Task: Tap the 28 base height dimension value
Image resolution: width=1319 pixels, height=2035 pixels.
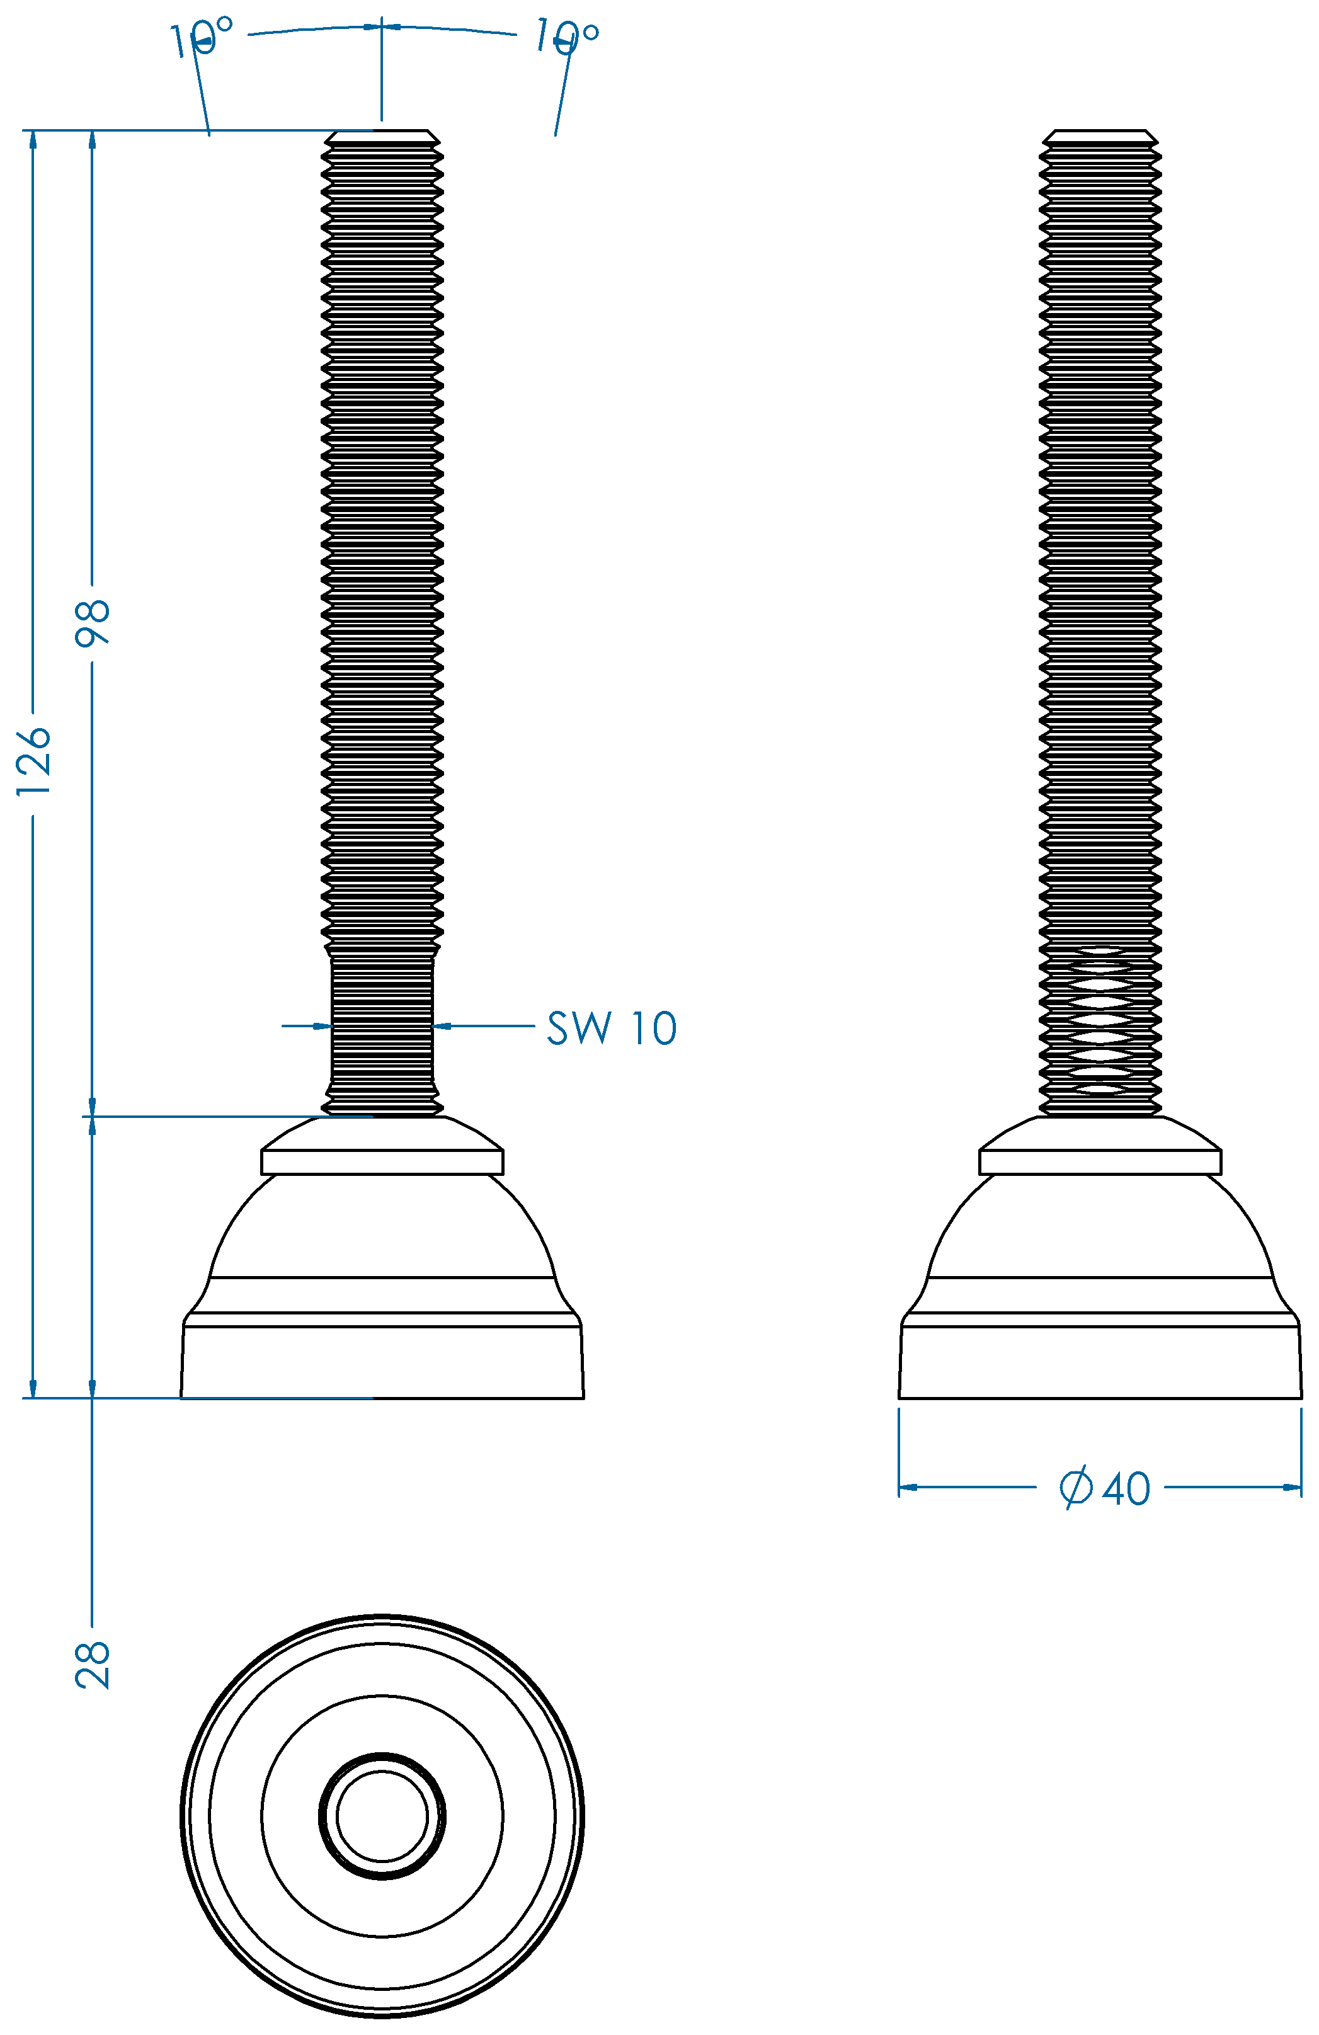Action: [93, 1665]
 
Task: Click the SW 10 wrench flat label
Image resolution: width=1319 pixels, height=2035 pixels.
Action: [612, 1028]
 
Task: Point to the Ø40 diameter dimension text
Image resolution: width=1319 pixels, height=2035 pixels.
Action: [1104, 1488]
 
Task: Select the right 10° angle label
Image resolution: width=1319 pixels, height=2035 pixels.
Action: [566, 37]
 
